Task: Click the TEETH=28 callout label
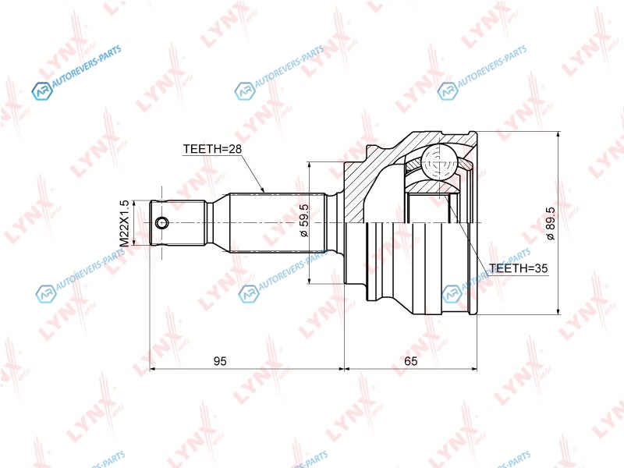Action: pyautogui.click(x=212, y=149)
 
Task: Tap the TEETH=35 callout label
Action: pyautogui.click(x=518, y=268)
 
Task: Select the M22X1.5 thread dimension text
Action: pyautogui.click(x=124, y=223)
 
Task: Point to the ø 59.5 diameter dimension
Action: pyautogui.click(x=303, y=221)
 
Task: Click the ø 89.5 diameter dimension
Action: pyautogui.click(x=551, y=223)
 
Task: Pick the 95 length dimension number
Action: pyautogui.click(x=220, y=361)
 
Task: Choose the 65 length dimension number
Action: pyautogui.click(x=411, y=361)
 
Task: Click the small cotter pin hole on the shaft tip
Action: pyautogui.click(x=161, y=223)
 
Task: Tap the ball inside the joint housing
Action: pyautogui.click(x=438, y=162)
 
